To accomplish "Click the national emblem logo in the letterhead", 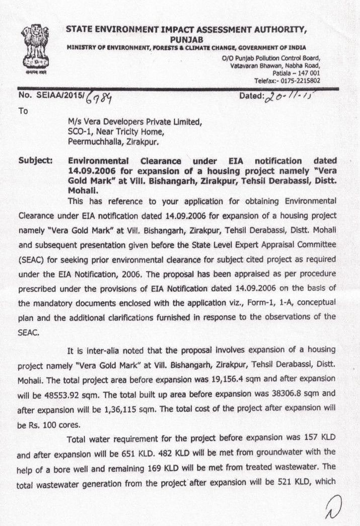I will [x=35, y=50].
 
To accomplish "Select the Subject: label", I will [x=36, y=161].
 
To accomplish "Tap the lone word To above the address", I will [x=23, y=111].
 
